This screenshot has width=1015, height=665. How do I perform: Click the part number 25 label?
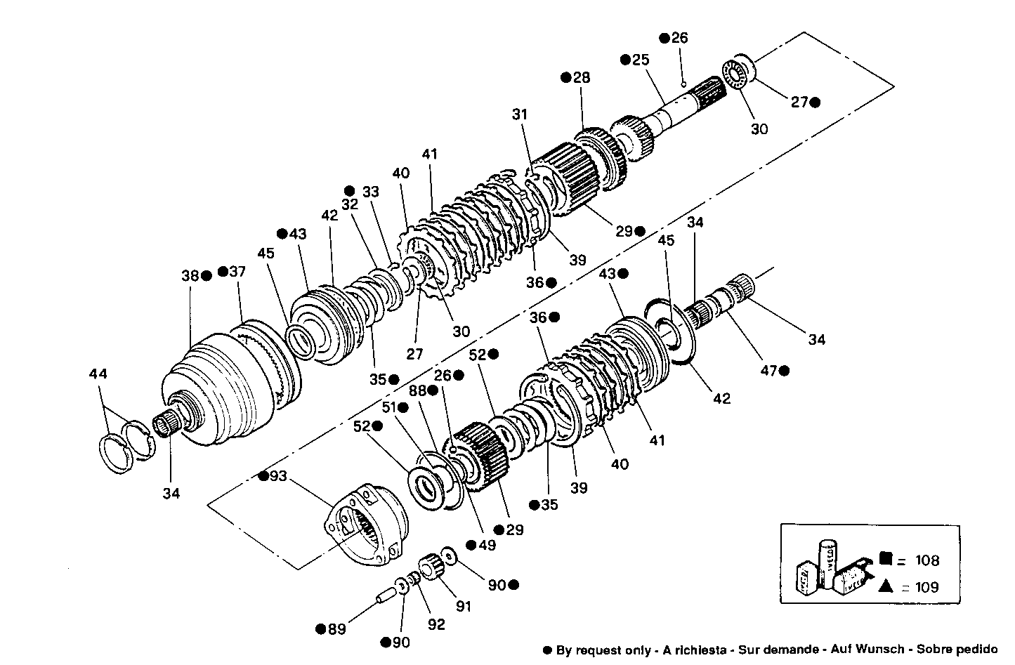click(640, 60)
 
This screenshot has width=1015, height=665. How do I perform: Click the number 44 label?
click(98, 374)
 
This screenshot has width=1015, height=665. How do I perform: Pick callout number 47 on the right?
click(769, 370)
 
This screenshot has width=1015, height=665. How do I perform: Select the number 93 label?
click(278, 476)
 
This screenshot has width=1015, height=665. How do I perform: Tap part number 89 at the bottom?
click(337, 628)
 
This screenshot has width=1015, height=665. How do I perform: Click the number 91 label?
click(463, 606)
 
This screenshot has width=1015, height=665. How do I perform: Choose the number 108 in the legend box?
click(926, 560)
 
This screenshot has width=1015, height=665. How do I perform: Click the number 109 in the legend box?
click(926, 587)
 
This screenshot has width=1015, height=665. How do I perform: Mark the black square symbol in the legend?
click(885, 559)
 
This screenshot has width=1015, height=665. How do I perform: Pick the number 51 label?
click(388, 407)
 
